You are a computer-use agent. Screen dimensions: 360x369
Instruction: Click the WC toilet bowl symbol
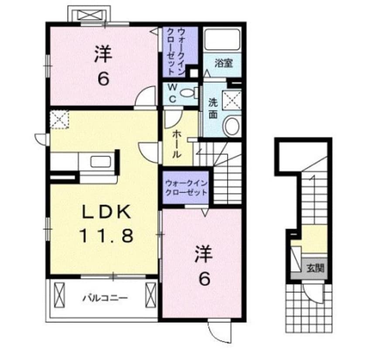(x=188, y=93)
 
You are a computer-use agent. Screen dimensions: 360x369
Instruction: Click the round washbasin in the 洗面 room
(x=231, y=126)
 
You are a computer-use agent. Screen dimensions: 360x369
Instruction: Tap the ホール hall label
(x=177, y=144)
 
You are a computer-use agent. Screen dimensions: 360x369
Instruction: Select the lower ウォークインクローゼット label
(x=185, y=188)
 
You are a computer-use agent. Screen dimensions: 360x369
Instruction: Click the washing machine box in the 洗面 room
(x=231, y=99)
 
